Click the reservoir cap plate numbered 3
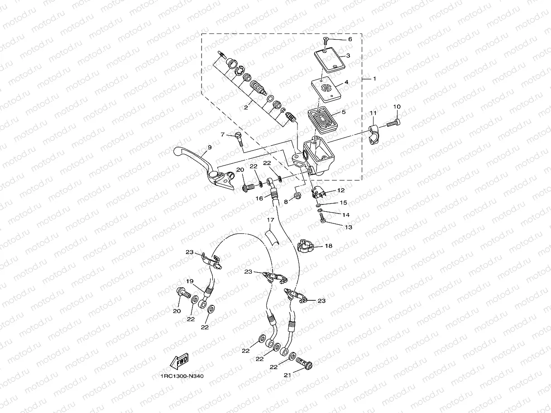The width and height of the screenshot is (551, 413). pos(329,60)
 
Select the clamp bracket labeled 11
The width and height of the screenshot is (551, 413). pos(374,134)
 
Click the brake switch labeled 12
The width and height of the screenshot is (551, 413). pos(318,192)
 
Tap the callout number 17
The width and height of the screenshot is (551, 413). pos(270,221)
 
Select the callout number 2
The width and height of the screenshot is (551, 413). pos(258,108)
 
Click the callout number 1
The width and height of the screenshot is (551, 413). pos(374,79)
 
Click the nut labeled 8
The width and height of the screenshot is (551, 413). pos(297,195)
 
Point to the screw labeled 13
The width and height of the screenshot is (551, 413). pos(323,219)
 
